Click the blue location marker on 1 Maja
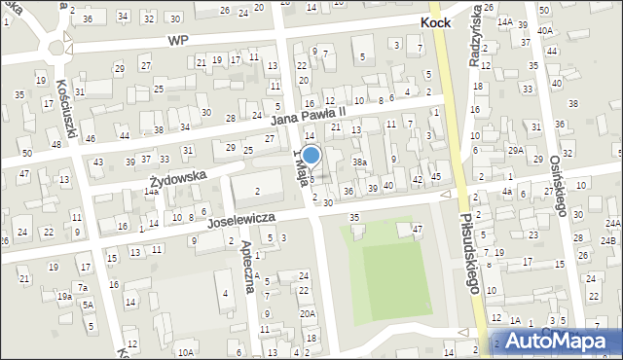click(x=311, y=155)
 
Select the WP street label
click(x=176, y=40)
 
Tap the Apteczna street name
click(x=246, y=260)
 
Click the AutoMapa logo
click(x=563, y=340)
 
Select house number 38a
click(x=359, y=162)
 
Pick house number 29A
click(x=515, y=150)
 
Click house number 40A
click(x=546, y=31)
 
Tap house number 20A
click(x=307, y=313)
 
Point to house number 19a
click(x=64, y=296)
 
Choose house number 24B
click(x=608, y=239)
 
